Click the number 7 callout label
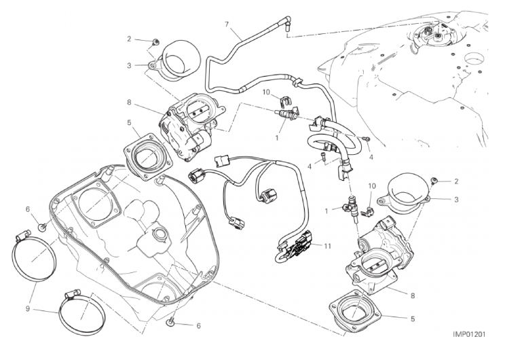click(x=227, y=24)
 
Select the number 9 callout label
click(x=29, y=309)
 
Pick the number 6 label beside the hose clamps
click(x=28, y=209)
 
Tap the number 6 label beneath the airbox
click(x=199, y=325)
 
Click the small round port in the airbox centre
click(x=160, y=236)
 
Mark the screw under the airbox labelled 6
click(x=172, y=319)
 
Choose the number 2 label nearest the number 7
click(x=129, y=40)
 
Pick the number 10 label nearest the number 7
click(x=267, y=92)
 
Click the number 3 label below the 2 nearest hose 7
click(x=129, y=66)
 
